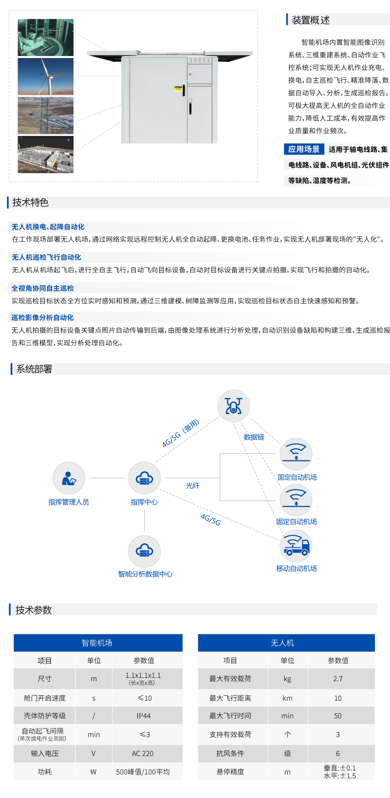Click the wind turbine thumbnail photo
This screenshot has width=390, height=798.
pyautogui.click(x=46, y=76)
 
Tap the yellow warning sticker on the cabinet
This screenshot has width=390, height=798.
pyautogui.click(x=178, y=89)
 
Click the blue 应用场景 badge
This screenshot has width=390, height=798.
pyautogui.click(x=304, y=149)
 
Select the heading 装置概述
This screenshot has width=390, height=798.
pyautogui.click(x=311, y=20)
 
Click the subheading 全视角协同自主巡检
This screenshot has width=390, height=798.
pyautogui.click(x=43, y=288)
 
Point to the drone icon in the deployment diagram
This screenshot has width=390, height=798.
pyautogui.click(x=234, y=406)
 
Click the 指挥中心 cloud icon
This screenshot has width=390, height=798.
pyautogui.click(x=144, y=478)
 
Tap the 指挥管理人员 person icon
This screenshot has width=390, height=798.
pyautogui.click(x=69, y=478)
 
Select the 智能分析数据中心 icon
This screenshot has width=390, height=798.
pyautogui.click(x=144, y=551)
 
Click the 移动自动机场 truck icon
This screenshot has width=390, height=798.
pyautogui.click(x=296, y=546)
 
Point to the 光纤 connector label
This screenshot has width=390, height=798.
pyautogui.click(x=193, y=486)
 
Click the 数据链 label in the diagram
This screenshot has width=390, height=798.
pyautogui.click(x=254, y=437)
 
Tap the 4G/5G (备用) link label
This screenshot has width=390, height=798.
pyautogui.click(x=181, y=433)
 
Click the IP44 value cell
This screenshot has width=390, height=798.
pyautogui.click(x=144, y=716)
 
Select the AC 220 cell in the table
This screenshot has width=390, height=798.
pyautogui.click(x=143, y=753)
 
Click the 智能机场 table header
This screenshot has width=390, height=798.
pyautogui.click(x=97, y=643)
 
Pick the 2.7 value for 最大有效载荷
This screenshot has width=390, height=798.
pyautogui.click(x=338, y=679)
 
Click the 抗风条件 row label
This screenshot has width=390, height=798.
pyautogui.click(x=230, y=753)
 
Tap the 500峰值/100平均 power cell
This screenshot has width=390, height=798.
pyautogui.click(x=143, y=772)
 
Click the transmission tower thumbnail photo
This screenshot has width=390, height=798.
pyautogui.click(x=46, y=115)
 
